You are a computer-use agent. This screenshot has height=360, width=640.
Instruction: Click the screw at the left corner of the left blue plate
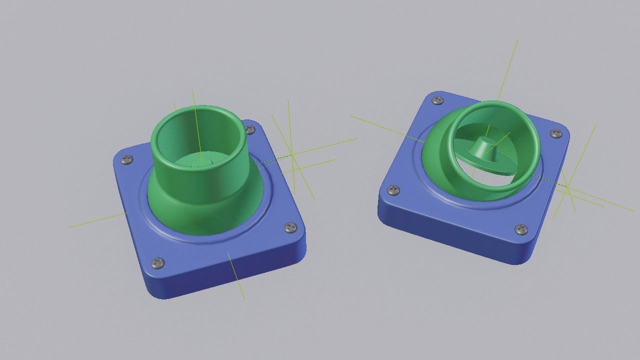127,160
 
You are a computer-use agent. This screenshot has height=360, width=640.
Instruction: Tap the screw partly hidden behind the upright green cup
250,130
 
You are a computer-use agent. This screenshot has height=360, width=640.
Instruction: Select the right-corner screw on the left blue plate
290,228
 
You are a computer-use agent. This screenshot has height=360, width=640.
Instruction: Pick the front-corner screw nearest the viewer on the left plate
158,262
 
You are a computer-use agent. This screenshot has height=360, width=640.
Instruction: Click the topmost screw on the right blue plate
437,100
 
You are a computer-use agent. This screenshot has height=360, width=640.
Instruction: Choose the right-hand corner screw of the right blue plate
556,133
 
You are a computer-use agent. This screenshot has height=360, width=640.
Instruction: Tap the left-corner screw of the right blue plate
394,190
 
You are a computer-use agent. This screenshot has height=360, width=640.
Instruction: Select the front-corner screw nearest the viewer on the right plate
521,229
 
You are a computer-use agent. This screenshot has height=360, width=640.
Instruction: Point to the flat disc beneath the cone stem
500,165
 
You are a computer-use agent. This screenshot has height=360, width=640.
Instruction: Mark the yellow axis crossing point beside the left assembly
292,156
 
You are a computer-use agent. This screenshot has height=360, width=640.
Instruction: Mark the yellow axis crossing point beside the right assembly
568,187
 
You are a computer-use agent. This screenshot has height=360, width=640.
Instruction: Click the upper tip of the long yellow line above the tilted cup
517,40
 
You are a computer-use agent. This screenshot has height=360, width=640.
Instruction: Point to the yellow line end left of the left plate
67,228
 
